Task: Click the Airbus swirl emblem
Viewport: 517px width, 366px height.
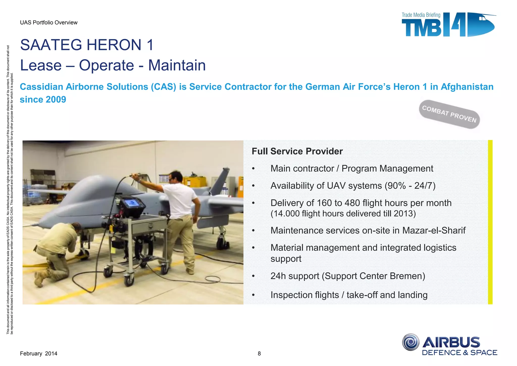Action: [411, 342]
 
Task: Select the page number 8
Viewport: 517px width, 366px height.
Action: [259, 354]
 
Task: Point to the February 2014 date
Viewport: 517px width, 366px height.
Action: [39, 354]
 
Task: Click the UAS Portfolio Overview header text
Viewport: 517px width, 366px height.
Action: [49, 22]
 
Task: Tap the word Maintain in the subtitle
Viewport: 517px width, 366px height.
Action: [177, 65]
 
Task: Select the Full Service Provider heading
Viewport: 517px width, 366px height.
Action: [297, 151]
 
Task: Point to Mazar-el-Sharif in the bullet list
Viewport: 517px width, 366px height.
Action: [434, 231]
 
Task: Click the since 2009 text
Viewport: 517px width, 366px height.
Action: [43, 100]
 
